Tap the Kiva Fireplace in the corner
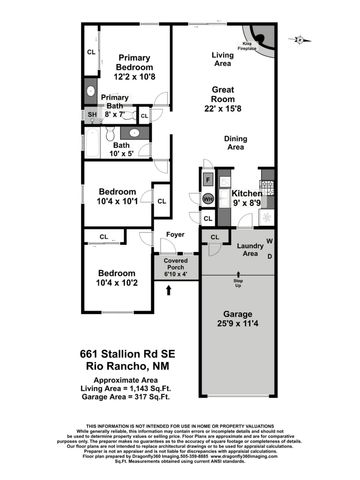[x=263, y=38]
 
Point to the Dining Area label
[x=236, y=142]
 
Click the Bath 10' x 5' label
[x=121, y=150]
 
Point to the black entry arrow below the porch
[x=168, y=291]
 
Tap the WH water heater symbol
[x=208, y=199]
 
